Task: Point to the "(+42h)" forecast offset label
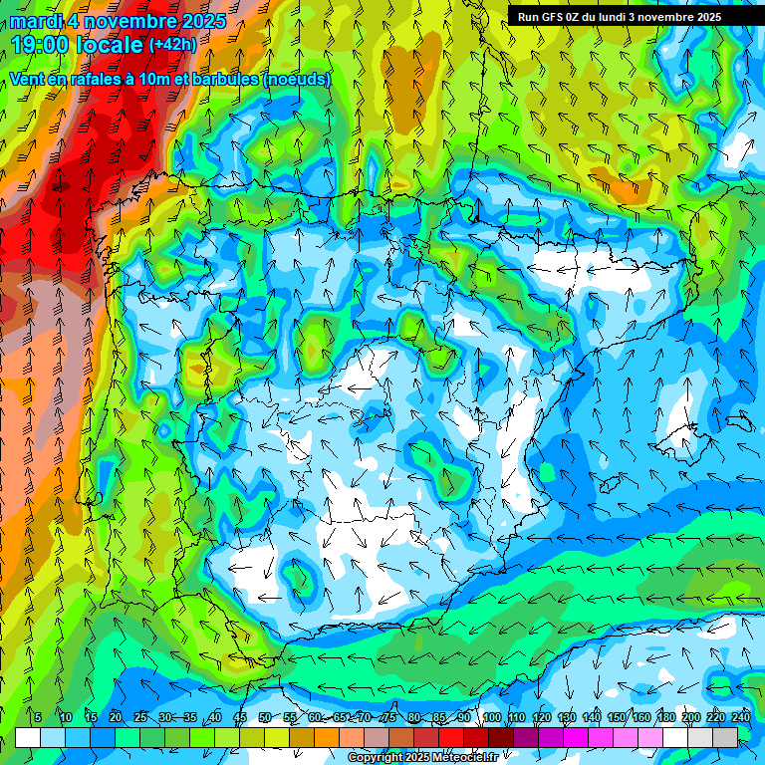point(172,45)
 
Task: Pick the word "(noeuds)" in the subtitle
point(298,79)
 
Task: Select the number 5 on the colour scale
point(38,718)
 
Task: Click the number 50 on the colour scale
point(264,718)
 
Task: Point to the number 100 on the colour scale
point(491,718)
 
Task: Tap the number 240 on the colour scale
point(740,718)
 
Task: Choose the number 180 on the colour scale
point(665,718)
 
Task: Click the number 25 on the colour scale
point(139,718)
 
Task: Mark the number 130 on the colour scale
point(567,718)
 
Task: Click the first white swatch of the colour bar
point(28,737)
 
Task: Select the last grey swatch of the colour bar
point(725,737)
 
